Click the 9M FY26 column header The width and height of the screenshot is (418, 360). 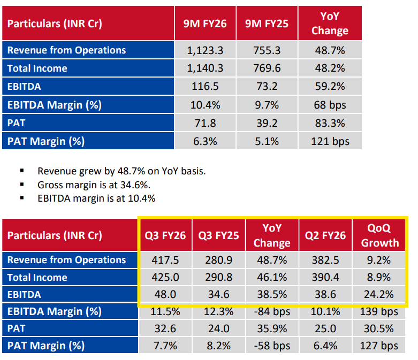pyautogui.click(x=205, y=24)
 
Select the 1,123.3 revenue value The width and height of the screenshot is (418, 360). pyautogui.click(x=205, y=50)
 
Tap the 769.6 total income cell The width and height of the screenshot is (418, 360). pyautogui.click(x=267, y=68)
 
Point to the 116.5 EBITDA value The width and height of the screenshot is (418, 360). pyautogui.click(x=205, y=86)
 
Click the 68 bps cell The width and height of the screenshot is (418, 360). pyautogui.click(x=330, y=105)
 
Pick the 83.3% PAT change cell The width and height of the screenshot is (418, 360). pyautogui.click(x=330, y=123)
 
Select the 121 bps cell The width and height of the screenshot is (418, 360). pyautogui.click(x=330, y=141)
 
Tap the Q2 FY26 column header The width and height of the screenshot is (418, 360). pyautogui.click(x=325, y=235)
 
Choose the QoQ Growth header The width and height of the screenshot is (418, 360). pyautogui.click(x=379, y=235)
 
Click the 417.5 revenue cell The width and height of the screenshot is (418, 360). pyautogui.click(x=165, y=260)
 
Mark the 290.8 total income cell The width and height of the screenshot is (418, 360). pyautogui.click(x=218, y=278)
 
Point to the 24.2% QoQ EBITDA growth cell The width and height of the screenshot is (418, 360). pyautogui.click(x=379, y=294)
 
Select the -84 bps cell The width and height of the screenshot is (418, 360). pyautogui.click(x=272, y=311)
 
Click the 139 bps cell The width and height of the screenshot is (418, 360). pyautogui.click(x=379, y=311)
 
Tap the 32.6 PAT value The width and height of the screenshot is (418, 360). pyautogui.click(x=165, y=328)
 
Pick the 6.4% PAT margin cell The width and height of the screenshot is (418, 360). pyautogui.click(x=325, y=346)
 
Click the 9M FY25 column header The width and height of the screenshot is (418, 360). pyautogui.click(x=267, y=24)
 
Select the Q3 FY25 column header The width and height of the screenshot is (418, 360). pyautogui.click(x=218, y=235)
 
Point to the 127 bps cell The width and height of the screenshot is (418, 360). pyautogui.click(x=379, y=346)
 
